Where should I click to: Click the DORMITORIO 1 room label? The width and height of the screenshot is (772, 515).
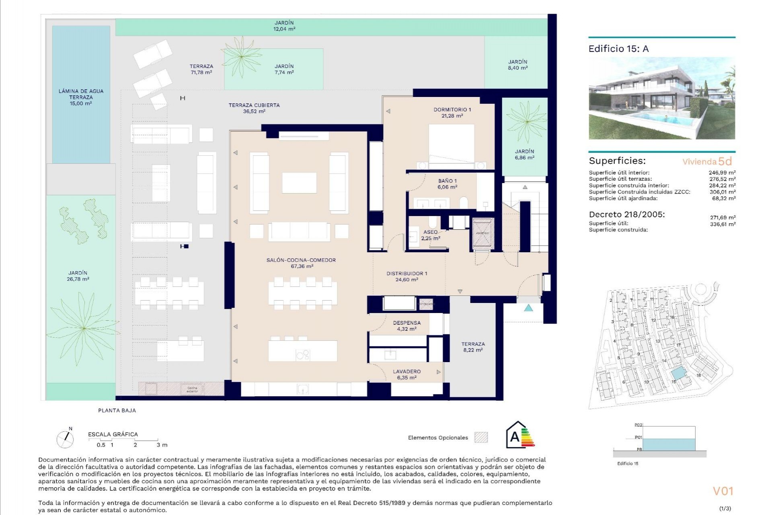point(452,109)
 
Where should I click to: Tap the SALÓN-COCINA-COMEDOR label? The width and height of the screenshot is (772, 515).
point(301,260)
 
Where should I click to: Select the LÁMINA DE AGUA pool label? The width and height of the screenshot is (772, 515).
point(81,91)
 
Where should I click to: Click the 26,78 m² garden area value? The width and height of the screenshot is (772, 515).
point(78,279)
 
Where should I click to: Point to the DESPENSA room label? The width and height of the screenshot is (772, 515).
point(407,323)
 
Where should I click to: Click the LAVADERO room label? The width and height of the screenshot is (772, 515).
point(407,371)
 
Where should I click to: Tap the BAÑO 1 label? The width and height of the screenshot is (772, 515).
point(447,181)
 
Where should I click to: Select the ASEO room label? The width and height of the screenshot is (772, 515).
point(430,232)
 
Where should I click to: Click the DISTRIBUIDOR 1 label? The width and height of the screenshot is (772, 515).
point(407,274)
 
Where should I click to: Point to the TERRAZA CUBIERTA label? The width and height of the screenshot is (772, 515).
point(254,105)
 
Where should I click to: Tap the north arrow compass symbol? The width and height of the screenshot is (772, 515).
point(65,439)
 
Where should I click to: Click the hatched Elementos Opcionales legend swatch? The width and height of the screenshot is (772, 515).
point(481,437)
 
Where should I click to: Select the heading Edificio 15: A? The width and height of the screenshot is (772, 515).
point(618,49)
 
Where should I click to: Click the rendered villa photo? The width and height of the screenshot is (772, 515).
point(661,99)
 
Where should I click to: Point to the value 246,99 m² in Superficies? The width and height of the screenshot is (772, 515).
point(722,173)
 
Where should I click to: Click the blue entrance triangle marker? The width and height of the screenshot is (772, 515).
point(528,308)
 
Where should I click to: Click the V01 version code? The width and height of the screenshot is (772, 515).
point(723,491)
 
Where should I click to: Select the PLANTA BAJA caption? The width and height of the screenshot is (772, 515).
point(117,410)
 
